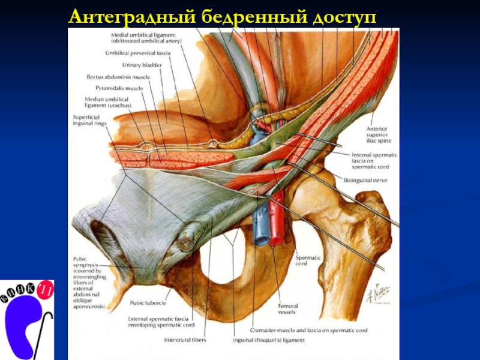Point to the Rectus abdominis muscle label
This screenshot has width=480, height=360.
click(118, 77)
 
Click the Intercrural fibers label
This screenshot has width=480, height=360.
click(185, 340)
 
